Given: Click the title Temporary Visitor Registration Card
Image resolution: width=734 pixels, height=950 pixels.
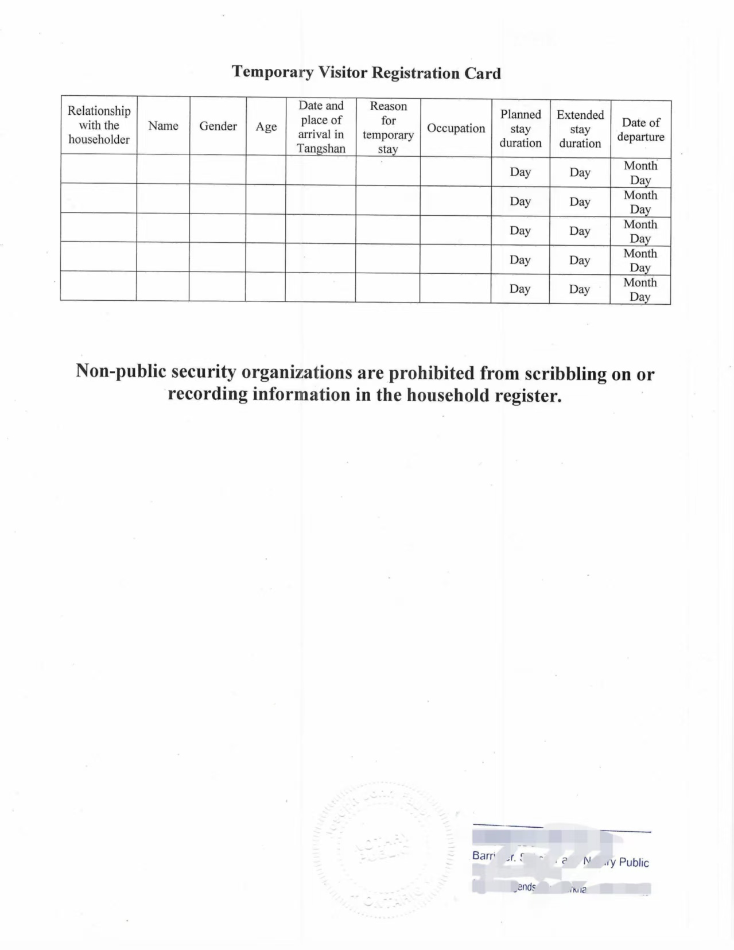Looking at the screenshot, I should click(x=366, y=72).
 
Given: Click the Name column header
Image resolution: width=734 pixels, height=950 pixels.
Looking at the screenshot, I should click(x=163, y=126).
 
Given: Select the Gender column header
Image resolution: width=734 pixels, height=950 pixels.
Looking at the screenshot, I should click(x=218, y=126).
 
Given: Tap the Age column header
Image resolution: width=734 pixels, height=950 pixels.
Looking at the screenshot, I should click(x=266, y=127).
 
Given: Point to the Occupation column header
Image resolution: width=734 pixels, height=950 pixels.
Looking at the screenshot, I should click(x=456, y=128).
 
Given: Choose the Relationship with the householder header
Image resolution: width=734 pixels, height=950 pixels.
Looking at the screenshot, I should click(x=99, y=125).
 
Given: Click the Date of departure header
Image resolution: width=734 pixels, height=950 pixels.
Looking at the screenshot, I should click(x=640, y=130).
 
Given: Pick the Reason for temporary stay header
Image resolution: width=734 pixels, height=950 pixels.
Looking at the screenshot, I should click(x=388, y=127).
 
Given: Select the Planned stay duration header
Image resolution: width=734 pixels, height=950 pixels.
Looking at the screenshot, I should click(x=521, y=129).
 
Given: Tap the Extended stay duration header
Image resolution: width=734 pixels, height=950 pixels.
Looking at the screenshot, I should click(x=580, y=129).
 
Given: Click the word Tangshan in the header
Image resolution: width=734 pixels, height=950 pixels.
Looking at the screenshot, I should click(x=321, y=149).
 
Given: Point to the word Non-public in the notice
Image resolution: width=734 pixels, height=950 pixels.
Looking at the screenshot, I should click(x=121, y=371).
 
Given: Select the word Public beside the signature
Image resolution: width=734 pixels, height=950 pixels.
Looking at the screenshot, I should click(x=634, y=862).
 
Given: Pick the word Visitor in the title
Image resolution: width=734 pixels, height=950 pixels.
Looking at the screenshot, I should click(x=342, y=72).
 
